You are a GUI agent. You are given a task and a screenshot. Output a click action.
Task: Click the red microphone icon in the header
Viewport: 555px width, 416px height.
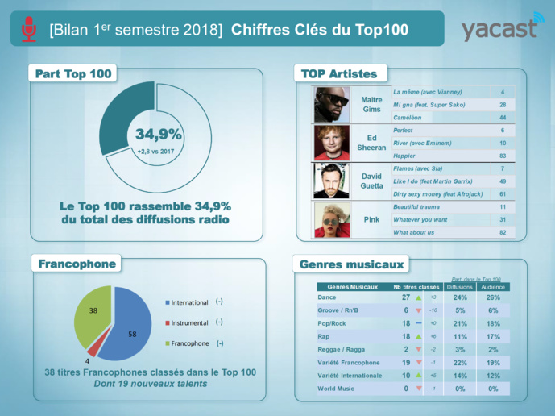click(x=29, y=29)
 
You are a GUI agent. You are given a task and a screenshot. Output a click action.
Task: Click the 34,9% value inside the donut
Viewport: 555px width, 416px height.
click(x=158, y=135)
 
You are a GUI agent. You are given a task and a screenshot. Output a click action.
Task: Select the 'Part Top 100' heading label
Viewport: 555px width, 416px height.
click(x=73, y=74)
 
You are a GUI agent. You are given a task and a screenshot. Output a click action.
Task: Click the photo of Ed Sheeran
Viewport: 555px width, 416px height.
click(x=331, y=143)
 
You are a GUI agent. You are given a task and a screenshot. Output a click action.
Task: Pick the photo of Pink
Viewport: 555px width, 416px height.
click(x=331, y=220)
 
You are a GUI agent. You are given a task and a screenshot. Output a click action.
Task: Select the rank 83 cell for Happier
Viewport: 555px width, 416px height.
click(x=502, y=155)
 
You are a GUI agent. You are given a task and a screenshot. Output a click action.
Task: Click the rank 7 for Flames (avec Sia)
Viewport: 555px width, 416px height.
click(x=502, y=168)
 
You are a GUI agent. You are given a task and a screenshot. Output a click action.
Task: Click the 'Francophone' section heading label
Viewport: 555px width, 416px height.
click(x=77, y=264)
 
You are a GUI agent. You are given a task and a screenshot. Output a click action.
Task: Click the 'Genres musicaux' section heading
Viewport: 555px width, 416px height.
click(x=352, y=264)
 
